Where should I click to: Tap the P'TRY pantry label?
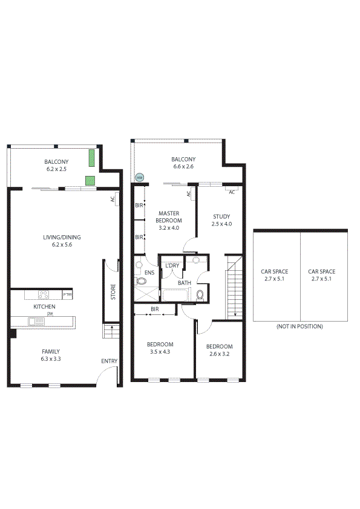(x=67, y=294)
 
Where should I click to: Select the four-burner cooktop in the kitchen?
(x=44, y=295)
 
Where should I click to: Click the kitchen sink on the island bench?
(x=38, y=322)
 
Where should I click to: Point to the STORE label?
(x=113, y=292)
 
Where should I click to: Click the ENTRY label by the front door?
(x=110, y=361)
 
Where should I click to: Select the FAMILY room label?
(x=50, y=351)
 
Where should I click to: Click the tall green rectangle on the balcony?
(x=92, y=158)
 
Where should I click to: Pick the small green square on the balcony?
(x=90, y=180)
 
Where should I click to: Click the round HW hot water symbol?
(x=139, y=178)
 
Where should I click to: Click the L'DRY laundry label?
(x=172, y=265)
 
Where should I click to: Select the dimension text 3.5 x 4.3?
(x=160, y=352)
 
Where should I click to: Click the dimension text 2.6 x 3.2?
(x=219, y=354)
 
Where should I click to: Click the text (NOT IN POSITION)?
(x=299, y=326)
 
